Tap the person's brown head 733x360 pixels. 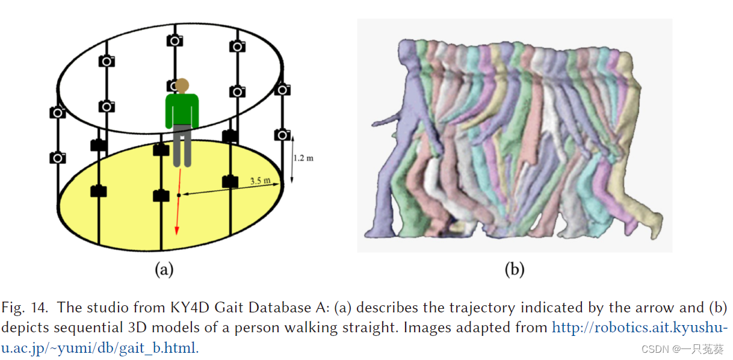point(182,85)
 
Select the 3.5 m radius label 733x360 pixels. point(261,181)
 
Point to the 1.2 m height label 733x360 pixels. point(304,158)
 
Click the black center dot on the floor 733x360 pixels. point(179,195)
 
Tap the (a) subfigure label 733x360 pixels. point(164,270)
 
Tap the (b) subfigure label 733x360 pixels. point(515,270)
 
